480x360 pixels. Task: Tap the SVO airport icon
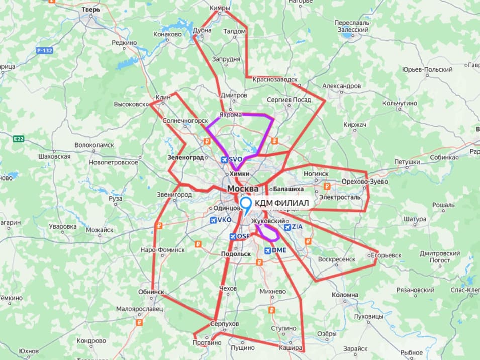(224, 159)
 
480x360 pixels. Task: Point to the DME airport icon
(267, 250)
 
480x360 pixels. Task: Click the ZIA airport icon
(286, 227)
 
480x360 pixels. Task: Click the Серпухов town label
(225, 324)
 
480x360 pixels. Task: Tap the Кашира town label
(293, 348)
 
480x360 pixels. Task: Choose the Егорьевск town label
(387, 255)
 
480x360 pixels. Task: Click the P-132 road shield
(45, 51)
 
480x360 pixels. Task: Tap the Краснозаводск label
(275, 79)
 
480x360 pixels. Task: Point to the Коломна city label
(345, 295)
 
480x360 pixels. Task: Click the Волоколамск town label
(94, 145)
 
